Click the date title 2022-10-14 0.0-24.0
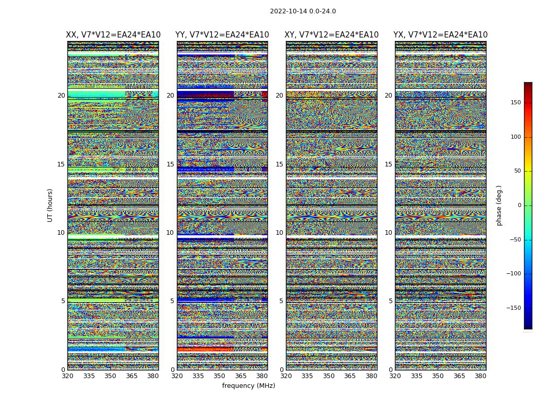(303, 11)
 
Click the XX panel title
(113, 35)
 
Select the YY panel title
(222, 35)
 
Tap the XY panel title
(332, 35)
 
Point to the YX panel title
(441, 35)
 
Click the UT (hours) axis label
(50, 205)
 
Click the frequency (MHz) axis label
(248, 386)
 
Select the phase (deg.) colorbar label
(499, 206)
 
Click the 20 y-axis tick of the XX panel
(61, 96)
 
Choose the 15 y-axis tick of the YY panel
(170, 164)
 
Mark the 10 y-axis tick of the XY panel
(279, 233)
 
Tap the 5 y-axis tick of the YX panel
(390, 301)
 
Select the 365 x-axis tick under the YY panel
(241, 376)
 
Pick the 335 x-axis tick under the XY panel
(308, 376)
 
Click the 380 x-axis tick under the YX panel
(480, 376)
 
